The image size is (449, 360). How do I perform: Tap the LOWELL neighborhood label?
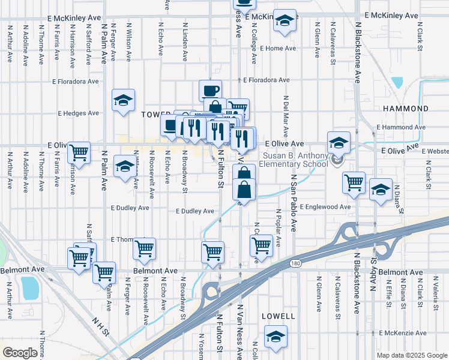279,316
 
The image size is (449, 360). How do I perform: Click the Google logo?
20,353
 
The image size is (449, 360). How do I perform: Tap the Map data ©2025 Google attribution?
412,355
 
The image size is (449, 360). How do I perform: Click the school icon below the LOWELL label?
276,336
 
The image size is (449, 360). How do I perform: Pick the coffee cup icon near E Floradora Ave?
210,91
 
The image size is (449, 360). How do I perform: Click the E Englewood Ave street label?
324,207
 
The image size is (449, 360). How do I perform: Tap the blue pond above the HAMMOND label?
397,83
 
